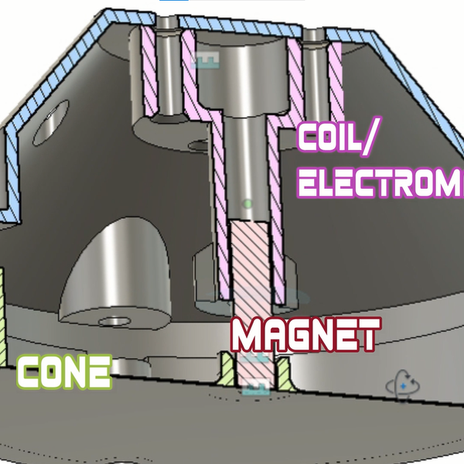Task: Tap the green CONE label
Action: pos(63,372)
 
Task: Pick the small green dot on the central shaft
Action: pos(247,204)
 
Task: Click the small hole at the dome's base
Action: pos(116,319)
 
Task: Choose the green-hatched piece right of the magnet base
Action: pos(281,370)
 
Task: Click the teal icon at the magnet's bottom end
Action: pos(255,388)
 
